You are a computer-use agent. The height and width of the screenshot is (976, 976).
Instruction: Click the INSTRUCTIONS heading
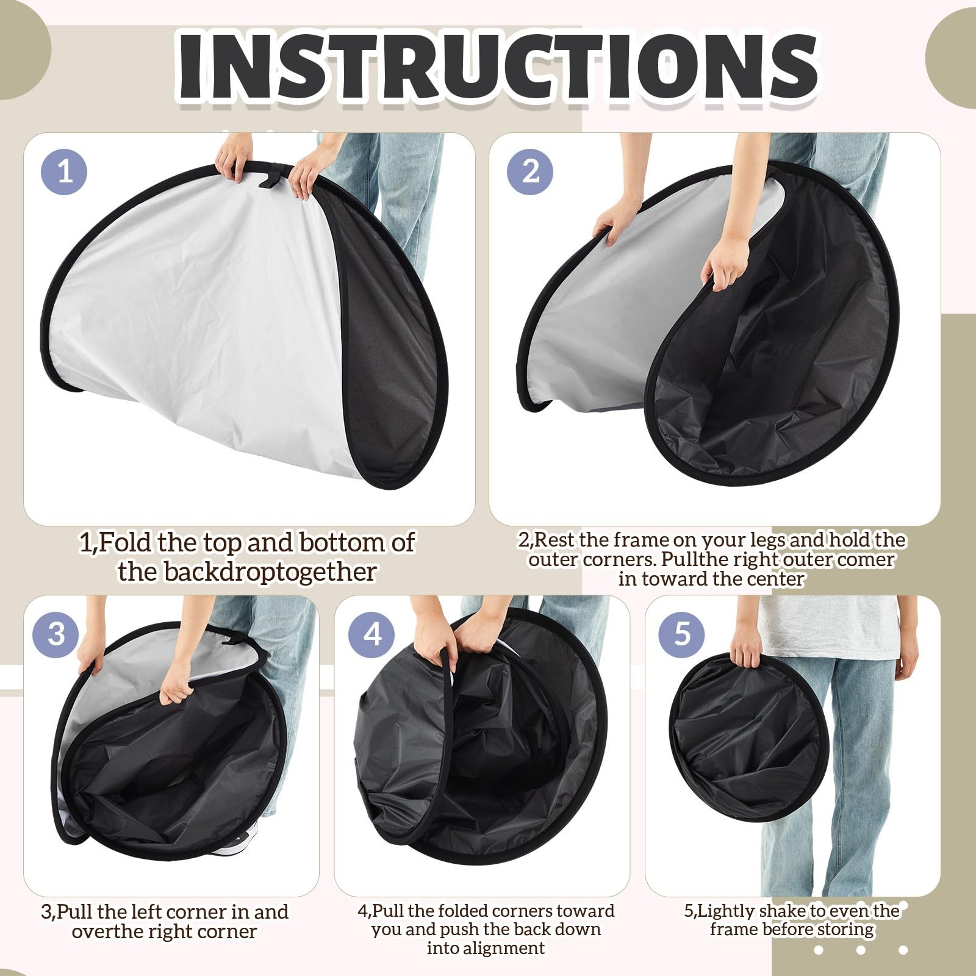497,66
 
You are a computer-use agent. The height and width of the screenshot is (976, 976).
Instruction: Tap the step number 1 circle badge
64,171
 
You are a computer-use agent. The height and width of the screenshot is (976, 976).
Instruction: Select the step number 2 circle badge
530,171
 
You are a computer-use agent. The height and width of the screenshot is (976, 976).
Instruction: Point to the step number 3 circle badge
56,633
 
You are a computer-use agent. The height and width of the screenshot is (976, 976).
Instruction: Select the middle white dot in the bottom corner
861,950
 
